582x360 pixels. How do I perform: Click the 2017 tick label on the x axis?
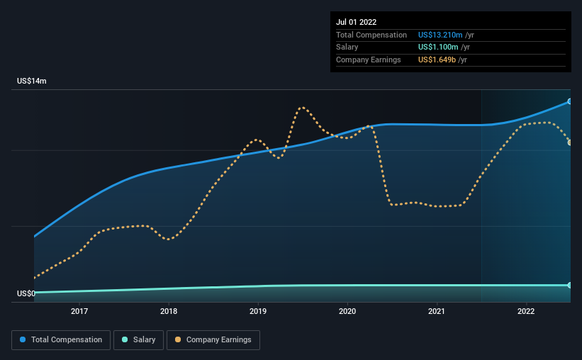(79, 310)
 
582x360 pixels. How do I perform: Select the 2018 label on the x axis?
(169, 310)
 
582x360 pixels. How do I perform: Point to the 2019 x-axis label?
(258, 310)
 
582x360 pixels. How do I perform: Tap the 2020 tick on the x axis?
(347, 310)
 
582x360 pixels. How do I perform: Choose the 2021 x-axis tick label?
(437, 310)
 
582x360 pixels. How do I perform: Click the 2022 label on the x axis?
(526, 310)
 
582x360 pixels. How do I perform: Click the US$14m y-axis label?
(32, 81)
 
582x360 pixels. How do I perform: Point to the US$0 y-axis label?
(26, 293)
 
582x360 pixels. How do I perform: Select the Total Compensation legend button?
(61, 340)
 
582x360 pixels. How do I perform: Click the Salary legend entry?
(140, 340)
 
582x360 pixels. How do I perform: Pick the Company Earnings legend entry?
(213, 340)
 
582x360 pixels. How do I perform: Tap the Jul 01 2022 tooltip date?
(357, 22)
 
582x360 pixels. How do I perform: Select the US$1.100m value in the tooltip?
(436, 47)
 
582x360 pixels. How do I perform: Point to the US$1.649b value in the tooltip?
(436, 60)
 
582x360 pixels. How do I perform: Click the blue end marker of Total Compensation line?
(569, 101)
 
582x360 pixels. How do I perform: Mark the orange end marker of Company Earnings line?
(569, 142)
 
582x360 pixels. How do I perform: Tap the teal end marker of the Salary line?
(569, 285)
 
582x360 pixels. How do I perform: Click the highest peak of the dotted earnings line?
(302, 108)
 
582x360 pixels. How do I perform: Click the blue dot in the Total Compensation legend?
(23, 340)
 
